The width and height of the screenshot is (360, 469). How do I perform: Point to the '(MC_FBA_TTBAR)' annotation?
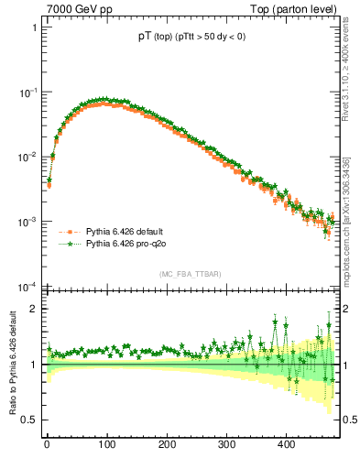point(191,275)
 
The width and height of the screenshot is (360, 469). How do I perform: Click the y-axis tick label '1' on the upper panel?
point(34,27)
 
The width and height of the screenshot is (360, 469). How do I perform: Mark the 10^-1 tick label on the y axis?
point(27,93)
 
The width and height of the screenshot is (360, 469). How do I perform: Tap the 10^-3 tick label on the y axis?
point(27,223)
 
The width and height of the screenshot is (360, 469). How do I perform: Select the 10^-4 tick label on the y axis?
point(27,287)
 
